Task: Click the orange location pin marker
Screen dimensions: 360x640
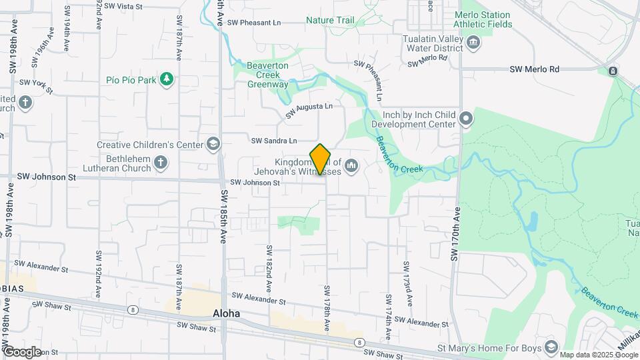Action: (x=321, y=159)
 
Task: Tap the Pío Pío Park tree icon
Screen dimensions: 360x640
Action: (x=166, y=80)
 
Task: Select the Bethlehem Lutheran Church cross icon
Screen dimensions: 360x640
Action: (x=160, y=162)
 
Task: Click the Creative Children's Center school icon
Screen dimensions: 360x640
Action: (x=213, y=144)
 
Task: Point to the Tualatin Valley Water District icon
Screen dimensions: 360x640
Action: (x=473, y=43)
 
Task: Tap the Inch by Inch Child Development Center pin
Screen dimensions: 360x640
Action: (x=466, y=119)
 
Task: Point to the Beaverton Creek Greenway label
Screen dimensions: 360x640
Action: (x=267, y=75)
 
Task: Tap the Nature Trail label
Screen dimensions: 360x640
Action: (x=330, y=21)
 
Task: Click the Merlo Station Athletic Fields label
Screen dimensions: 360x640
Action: (x=483, y=19)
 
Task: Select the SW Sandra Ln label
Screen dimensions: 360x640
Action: (x=273, y=141)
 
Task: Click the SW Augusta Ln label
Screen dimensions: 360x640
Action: (x=309, y=110)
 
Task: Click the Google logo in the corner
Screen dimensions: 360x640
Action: (x=22, y=351)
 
